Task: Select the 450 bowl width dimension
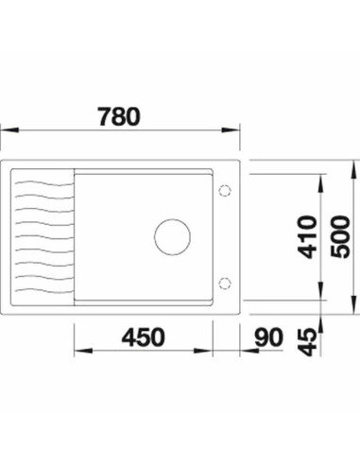click(x=141, y=336)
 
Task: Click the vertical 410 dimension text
click(x=302, y=241)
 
